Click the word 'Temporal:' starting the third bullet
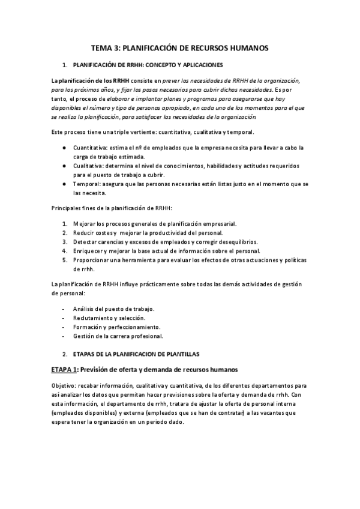86,184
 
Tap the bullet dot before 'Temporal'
64,184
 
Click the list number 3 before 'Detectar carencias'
64,241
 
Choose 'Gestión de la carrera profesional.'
118,336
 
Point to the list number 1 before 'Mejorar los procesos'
64,223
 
